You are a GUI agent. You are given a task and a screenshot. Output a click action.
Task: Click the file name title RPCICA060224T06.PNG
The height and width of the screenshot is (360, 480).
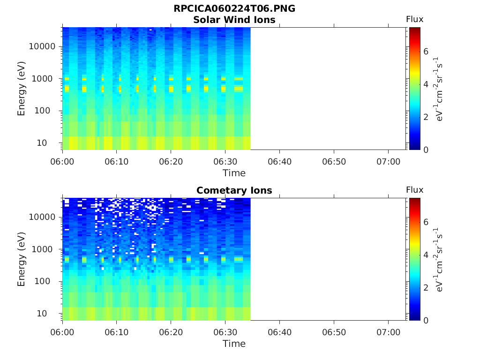click(x=234, y=9)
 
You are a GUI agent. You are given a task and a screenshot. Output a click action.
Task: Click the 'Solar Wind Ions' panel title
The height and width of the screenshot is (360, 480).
click(x=234, y=20)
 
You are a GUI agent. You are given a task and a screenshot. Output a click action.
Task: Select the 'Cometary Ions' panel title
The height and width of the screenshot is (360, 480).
click(x=234, y=190)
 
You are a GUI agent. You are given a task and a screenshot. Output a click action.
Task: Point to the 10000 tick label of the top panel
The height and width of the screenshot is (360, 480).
click(x=42, y=46)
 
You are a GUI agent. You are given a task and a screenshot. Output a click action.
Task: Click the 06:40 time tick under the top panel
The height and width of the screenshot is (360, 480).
click(x=280, y=162)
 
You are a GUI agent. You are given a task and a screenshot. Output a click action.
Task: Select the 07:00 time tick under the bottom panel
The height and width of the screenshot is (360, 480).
click(x=388, y=332)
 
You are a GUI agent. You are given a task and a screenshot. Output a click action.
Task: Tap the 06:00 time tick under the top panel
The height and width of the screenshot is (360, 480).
click(x=63, y=162)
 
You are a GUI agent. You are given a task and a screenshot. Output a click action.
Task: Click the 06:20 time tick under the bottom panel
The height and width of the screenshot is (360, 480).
click(x=171, y=332)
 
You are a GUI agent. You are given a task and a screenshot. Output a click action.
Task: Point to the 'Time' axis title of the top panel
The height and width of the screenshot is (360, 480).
click(x=234, y=173)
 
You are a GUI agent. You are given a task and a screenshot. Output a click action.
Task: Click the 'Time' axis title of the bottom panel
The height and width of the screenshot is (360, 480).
click(x=234, y=344)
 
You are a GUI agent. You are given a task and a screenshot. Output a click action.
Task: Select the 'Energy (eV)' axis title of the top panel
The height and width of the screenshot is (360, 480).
click(x=22, y=89)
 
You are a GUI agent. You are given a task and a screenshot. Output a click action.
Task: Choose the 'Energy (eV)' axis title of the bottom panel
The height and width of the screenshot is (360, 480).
click(x=22, y=259)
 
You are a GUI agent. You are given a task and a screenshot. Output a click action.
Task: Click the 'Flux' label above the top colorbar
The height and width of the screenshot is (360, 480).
click(x=414, y=19)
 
